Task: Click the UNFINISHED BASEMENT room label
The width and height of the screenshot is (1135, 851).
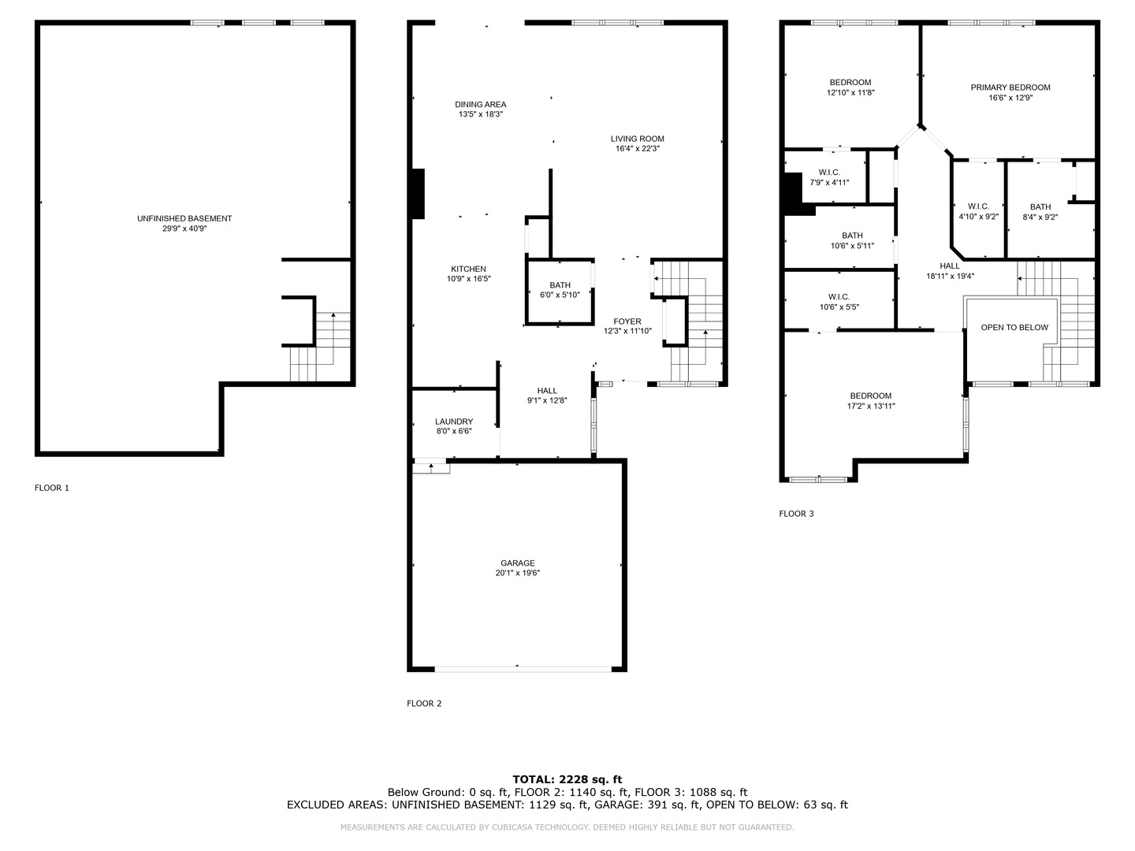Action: click(184, 218)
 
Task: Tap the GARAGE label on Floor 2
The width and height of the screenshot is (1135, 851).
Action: click(518, 563)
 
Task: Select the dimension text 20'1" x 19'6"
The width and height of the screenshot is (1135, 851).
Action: click(518, 573)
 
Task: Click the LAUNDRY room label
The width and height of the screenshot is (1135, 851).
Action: click(454, 422)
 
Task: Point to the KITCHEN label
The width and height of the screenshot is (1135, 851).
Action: click(468, 269)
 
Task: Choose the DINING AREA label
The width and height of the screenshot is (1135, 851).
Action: click(480, 104)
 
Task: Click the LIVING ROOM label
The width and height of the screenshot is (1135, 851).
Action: click(637, 139)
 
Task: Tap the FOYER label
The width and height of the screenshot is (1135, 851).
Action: click(627, 321)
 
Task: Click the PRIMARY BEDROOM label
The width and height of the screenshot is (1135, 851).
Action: click(1010, 87)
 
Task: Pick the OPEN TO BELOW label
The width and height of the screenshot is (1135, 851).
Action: click(1014, 328)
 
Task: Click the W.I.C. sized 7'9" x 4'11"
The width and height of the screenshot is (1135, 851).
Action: click(829, 177)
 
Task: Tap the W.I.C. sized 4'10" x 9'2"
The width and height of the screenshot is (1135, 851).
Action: click(978, 212)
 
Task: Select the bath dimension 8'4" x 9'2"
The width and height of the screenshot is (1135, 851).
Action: click(1040, 217)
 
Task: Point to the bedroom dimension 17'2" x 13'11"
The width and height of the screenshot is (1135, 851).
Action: click(871, 406)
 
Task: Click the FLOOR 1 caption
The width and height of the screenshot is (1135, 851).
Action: click(52, 488)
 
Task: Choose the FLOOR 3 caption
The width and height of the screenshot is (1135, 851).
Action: click(796, 514)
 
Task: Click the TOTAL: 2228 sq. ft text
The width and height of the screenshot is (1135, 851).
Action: click(567, 779)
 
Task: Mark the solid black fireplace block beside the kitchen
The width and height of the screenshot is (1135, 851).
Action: click(418, 194)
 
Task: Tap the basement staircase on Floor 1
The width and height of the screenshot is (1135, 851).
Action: click(320, 347)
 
